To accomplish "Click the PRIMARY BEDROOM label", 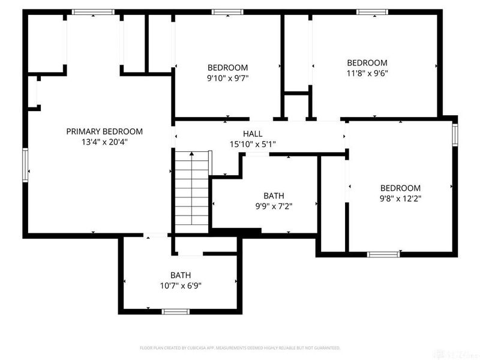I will (104, 131).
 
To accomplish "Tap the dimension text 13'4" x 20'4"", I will (104, 142).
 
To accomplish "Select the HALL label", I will (253, 133).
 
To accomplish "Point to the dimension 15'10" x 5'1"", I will (253, 144).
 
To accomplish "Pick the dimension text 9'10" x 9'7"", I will (228, 77).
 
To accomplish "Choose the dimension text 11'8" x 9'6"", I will (367, 73).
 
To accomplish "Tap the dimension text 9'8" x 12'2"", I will (400, 199).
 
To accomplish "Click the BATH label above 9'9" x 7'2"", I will (274, 196).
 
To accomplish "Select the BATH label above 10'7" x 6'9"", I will (181, 275).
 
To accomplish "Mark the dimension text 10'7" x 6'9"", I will (181, 286).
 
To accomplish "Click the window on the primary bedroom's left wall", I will (25, 164).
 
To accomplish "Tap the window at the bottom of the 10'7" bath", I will (176, 311).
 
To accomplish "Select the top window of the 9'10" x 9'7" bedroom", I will (228, 11).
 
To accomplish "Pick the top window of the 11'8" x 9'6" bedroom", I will (373, 11).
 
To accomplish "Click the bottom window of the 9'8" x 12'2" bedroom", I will (383, 254).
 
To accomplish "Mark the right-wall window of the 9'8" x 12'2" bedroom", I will (455, 135).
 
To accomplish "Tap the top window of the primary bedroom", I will (93, 11).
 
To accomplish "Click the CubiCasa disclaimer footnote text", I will (240, 348).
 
